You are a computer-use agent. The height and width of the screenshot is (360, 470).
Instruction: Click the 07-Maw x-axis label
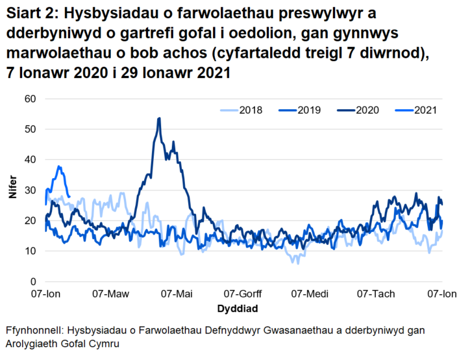[111, 294]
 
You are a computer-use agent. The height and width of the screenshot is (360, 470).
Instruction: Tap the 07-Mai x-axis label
[177, 294]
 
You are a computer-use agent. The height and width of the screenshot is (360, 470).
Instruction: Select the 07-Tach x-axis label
[377, 294]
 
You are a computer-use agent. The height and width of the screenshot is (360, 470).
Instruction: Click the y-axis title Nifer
[12, 190]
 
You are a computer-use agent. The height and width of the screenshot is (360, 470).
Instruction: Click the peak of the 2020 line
[159, 118]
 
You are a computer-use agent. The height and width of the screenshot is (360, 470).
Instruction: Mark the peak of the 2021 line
[59, 166]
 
